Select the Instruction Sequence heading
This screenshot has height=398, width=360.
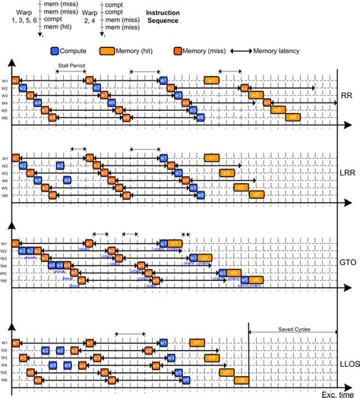point(168,17)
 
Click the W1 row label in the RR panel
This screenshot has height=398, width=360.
point(5,80)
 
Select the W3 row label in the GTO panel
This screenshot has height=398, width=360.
point(5,259)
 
